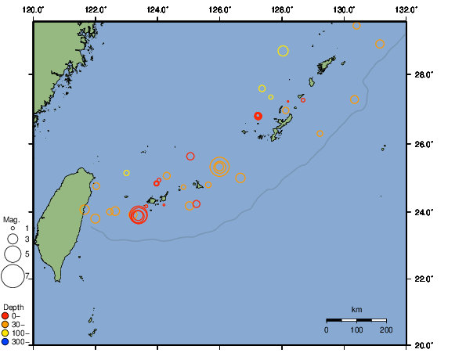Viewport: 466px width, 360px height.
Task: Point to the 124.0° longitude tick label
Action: (157, 9)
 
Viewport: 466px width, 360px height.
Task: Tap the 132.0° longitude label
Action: (405, 9)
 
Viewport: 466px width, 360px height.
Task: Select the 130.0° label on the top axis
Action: (343, 9)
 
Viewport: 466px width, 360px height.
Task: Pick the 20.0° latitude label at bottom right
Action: (424, 344)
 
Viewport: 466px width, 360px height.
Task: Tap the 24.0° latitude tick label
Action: (424, 212)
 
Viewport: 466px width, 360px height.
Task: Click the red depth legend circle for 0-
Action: (5, 315)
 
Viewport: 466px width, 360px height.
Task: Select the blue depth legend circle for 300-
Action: (5, 341)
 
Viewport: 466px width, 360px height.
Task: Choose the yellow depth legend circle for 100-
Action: (5, 333)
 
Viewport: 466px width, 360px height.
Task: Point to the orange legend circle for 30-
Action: (5, 324)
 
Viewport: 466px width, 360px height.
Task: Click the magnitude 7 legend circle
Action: (13, 275)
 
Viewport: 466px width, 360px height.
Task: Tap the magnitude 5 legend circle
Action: (13, 254)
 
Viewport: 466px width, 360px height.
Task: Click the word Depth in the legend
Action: (13, 306)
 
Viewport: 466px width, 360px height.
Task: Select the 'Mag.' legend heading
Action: (11, 219)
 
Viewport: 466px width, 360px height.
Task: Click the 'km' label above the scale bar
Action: (356, 310)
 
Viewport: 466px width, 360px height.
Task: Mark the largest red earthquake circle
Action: (138, 214)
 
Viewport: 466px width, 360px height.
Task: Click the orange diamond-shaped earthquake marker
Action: (320, 134)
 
